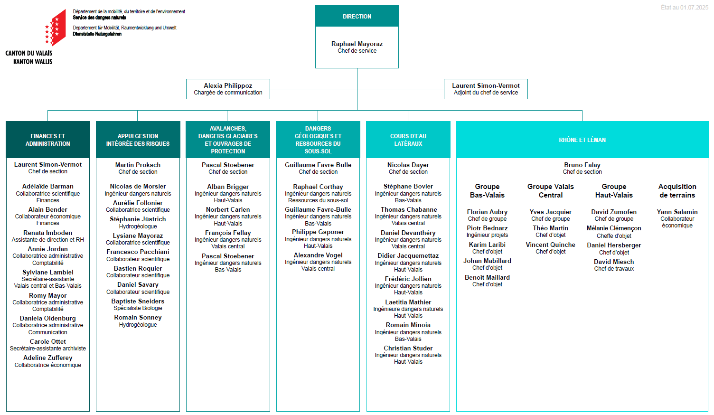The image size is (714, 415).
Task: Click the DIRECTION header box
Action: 357,16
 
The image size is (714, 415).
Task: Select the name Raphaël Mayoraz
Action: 357,44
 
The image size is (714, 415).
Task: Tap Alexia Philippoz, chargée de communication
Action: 228,89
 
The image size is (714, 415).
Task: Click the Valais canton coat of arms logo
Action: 56,28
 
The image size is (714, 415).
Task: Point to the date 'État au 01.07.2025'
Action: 685,7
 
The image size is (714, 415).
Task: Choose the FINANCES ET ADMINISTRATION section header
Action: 48,140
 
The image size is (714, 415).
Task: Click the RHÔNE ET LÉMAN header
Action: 582,140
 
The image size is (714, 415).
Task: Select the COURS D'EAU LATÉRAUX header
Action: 408,140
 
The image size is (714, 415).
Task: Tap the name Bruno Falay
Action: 582,165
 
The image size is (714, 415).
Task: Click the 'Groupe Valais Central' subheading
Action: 551,190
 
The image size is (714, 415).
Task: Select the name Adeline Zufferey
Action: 48,358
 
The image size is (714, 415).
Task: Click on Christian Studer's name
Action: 408,348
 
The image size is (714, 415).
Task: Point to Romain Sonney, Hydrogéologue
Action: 138,321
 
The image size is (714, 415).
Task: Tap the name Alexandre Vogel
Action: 318,255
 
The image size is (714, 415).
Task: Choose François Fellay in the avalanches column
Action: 228,233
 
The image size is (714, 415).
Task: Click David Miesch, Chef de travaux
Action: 614,265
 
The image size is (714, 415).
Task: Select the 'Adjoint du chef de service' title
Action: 486,93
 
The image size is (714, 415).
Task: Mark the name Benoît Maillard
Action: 487,277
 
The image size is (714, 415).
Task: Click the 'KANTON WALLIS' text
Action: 33,62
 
